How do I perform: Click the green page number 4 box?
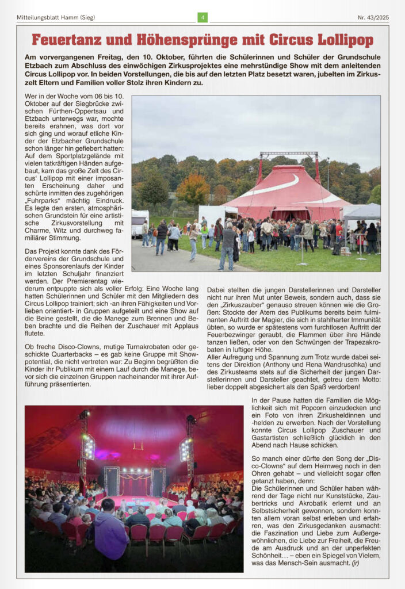pos(202,17)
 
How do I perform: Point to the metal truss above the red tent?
pos(289,154)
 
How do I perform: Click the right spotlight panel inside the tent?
pos(185,449)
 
